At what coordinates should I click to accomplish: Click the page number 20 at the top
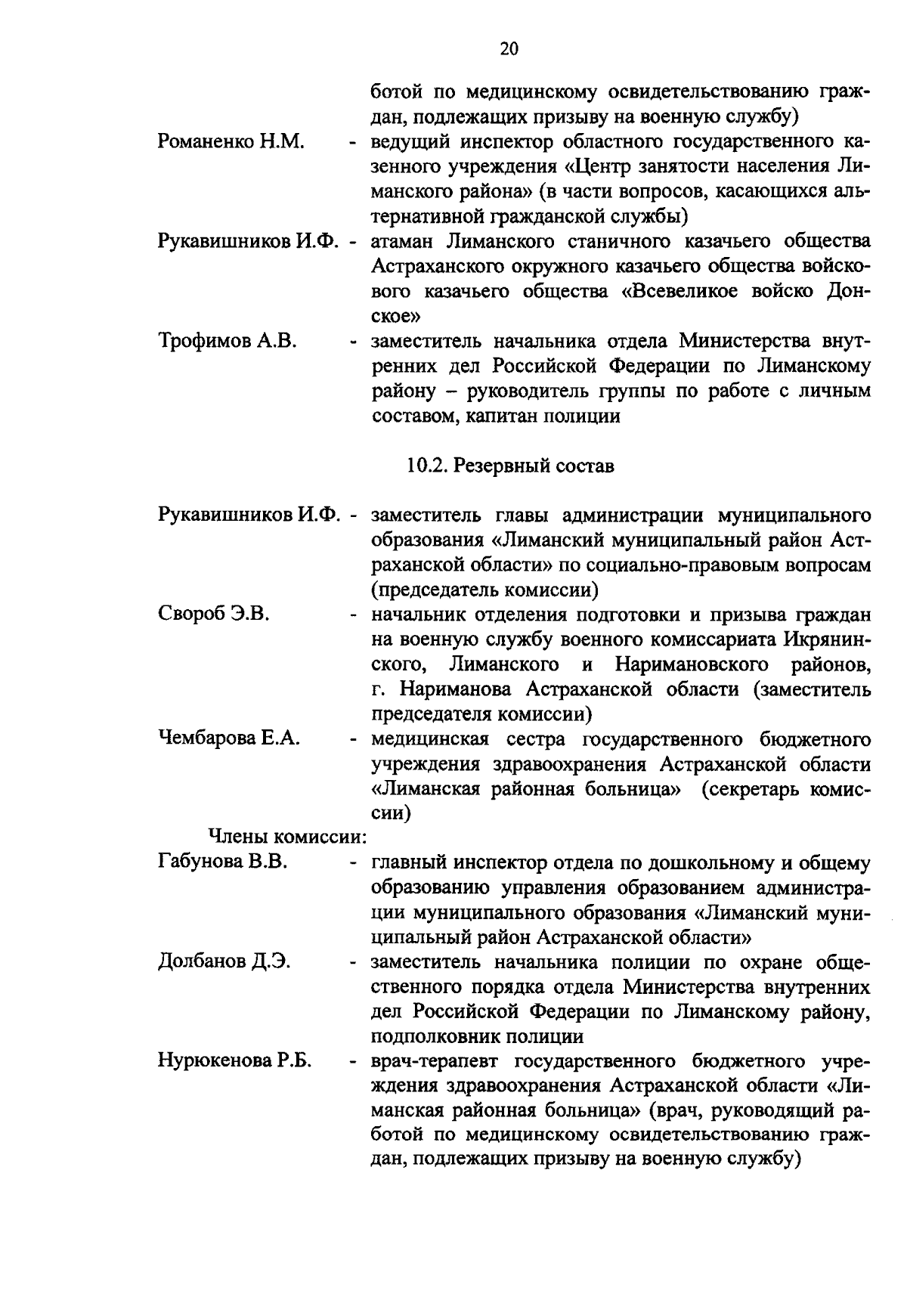click(x=509, y=49)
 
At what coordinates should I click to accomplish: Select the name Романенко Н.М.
click(x=231, y=141)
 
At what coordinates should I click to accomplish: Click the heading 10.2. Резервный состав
click(x=510, y=466)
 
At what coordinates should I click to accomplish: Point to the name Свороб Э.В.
click(x=214, y=614)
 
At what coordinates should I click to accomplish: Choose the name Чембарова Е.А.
click(x=228, y=738)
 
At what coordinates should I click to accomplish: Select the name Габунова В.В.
click(x=222, y=862)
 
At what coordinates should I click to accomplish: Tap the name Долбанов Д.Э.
click(x=224, y=962)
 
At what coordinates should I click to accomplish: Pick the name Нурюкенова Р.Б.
click(x=235, y=1061)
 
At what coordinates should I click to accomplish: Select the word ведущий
click(x=413, y=141)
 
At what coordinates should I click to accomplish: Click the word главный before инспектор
click(x=408, y=862)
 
